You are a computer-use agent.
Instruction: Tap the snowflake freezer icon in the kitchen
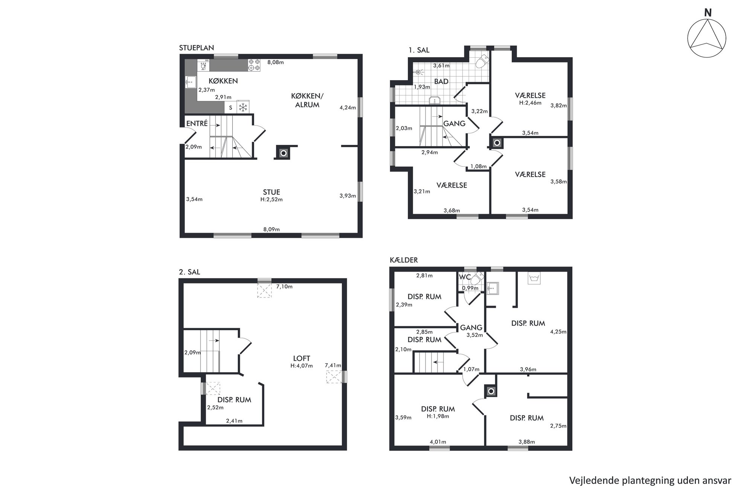point(243,107)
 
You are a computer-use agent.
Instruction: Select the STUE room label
point(271,192)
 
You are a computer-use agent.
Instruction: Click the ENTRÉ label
point(197,123)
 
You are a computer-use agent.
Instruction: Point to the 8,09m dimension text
point(271,229)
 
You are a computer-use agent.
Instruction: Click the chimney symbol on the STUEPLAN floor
point(284,153)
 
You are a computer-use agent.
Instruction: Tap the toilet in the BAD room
point(481,61)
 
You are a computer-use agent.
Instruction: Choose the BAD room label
point(441,81)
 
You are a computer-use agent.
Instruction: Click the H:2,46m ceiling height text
point(530,103)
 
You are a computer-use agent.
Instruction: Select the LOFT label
point(302,359)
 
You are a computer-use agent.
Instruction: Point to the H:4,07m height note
point(302,366)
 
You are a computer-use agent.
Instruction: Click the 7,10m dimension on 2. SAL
point(284,286)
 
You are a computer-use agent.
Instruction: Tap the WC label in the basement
point(465,277)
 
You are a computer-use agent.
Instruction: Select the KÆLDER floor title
point(404,260)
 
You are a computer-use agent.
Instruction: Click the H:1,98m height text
point(438,416)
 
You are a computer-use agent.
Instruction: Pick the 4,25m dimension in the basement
point(558,332)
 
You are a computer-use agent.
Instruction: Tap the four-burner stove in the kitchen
point(254,65)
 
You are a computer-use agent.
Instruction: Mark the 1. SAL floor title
point(419,50)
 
